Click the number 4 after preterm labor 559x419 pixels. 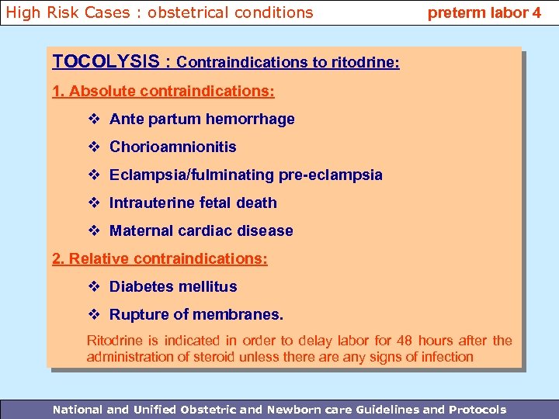coord(536,12)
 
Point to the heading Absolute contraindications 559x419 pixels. coord(163,91)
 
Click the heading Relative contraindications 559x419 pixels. coord(159,258)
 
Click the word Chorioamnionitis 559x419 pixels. coord(172,147)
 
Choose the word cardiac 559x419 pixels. coord(203,230)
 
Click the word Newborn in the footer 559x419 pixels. coord(290,409)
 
